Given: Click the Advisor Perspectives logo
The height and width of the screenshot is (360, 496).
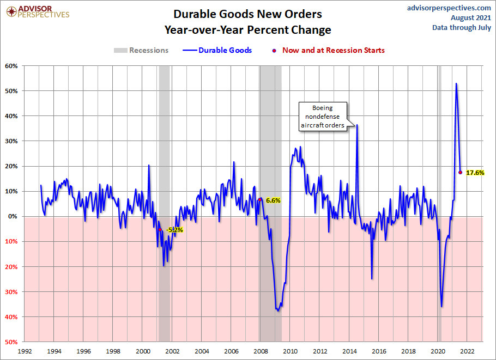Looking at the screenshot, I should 37,11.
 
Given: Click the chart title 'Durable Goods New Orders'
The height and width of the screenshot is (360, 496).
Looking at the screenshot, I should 247,14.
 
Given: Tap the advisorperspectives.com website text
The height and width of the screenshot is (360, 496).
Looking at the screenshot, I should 441,8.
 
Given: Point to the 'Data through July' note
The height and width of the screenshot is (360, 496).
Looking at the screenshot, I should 462,27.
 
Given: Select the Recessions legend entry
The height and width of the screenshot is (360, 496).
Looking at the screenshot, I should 141,50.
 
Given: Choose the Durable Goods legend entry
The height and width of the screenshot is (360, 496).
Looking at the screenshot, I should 218,50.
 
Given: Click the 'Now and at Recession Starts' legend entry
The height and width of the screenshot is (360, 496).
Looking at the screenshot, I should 329,50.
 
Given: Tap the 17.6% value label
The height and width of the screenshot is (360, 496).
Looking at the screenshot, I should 475,173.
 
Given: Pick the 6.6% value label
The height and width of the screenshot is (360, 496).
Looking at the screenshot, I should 273,200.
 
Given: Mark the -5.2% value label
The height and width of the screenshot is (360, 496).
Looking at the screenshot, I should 174,230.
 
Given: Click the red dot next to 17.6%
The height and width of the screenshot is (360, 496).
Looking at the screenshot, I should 461,173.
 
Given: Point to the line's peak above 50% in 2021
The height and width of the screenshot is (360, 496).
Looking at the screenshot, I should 456,83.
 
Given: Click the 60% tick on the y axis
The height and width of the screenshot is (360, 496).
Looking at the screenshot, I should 12,66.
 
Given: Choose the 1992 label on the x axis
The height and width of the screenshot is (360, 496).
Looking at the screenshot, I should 24,351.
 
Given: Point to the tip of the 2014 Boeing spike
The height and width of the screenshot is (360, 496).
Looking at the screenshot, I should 357,125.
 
